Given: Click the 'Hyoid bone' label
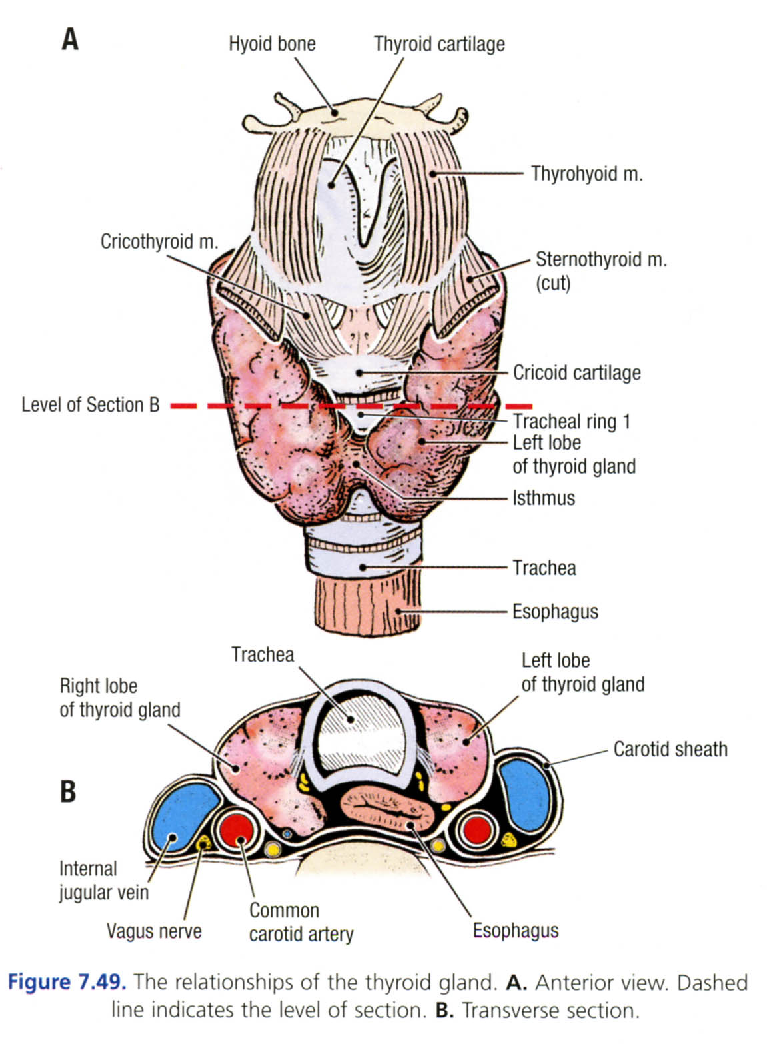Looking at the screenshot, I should point(272,44).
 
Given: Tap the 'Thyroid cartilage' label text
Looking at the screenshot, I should point(439,44).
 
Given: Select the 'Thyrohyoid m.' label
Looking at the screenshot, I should point(586,174).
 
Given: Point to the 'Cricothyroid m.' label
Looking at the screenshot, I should point(159,241).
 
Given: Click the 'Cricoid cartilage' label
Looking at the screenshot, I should point(576,372).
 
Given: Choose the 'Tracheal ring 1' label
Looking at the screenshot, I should point(571,421).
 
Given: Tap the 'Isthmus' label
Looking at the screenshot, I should point(543,498).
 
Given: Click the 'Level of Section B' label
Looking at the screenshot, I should point(91,405).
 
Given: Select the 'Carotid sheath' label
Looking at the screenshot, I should point(670,749).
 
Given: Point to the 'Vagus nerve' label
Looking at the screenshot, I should point(154,931).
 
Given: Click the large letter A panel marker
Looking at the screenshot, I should point(70,39).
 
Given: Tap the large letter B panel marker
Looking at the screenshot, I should point(68,791).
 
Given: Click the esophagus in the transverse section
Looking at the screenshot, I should point(388,811).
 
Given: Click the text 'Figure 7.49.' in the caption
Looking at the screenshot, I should point(66,982).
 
